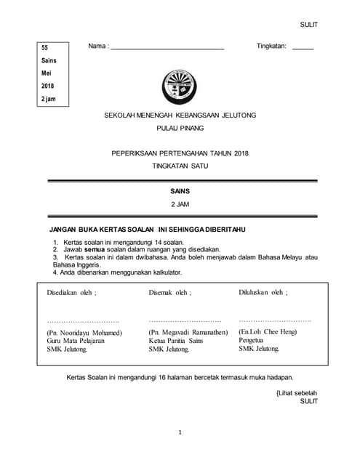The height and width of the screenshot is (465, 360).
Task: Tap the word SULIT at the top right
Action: point(309,25)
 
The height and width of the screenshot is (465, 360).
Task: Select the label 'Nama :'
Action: point(98,46)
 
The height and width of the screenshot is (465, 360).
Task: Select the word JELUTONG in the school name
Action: point(240,116)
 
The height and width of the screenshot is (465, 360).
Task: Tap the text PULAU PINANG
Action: point(180,129)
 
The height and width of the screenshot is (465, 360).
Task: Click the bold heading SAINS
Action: point(180,191)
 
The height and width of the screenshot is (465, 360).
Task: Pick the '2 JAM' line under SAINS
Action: point(180,204)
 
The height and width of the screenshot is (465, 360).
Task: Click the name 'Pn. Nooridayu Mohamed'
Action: point(84,333)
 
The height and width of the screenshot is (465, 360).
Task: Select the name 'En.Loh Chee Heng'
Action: point(268,332)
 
